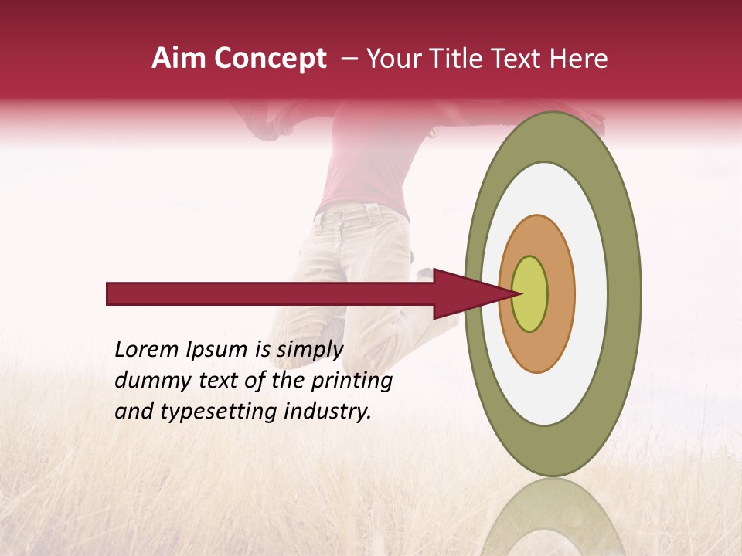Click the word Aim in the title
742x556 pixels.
[178, 59]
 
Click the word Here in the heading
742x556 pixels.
[580, 59]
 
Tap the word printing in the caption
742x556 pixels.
[352, 381]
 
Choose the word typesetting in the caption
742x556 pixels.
[203, 412]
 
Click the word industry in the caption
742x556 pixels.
[326, 412]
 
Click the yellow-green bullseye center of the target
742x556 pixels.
[529, 293]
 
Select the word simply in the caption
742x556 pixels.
[309, 350]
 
